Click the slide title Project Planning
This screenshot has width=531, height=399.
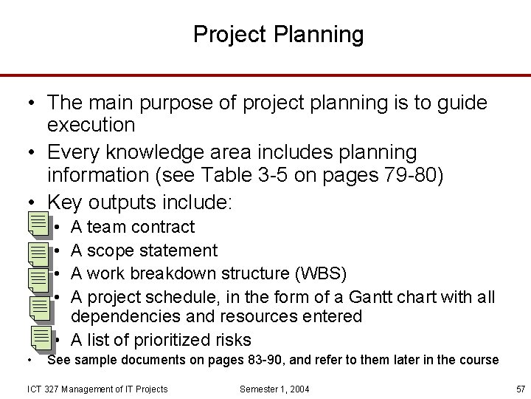278,34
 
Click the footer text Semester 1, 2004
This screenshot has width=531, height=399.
275,389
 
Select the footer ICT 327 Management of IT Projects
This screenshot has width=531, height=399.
97,389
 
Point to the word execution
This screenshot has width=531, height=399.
91,125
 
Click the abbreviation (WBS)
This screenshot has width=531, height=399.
320,273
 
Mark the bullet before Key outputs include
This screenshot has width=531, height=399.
33,202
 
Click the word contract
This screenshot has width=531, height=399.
163,227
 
